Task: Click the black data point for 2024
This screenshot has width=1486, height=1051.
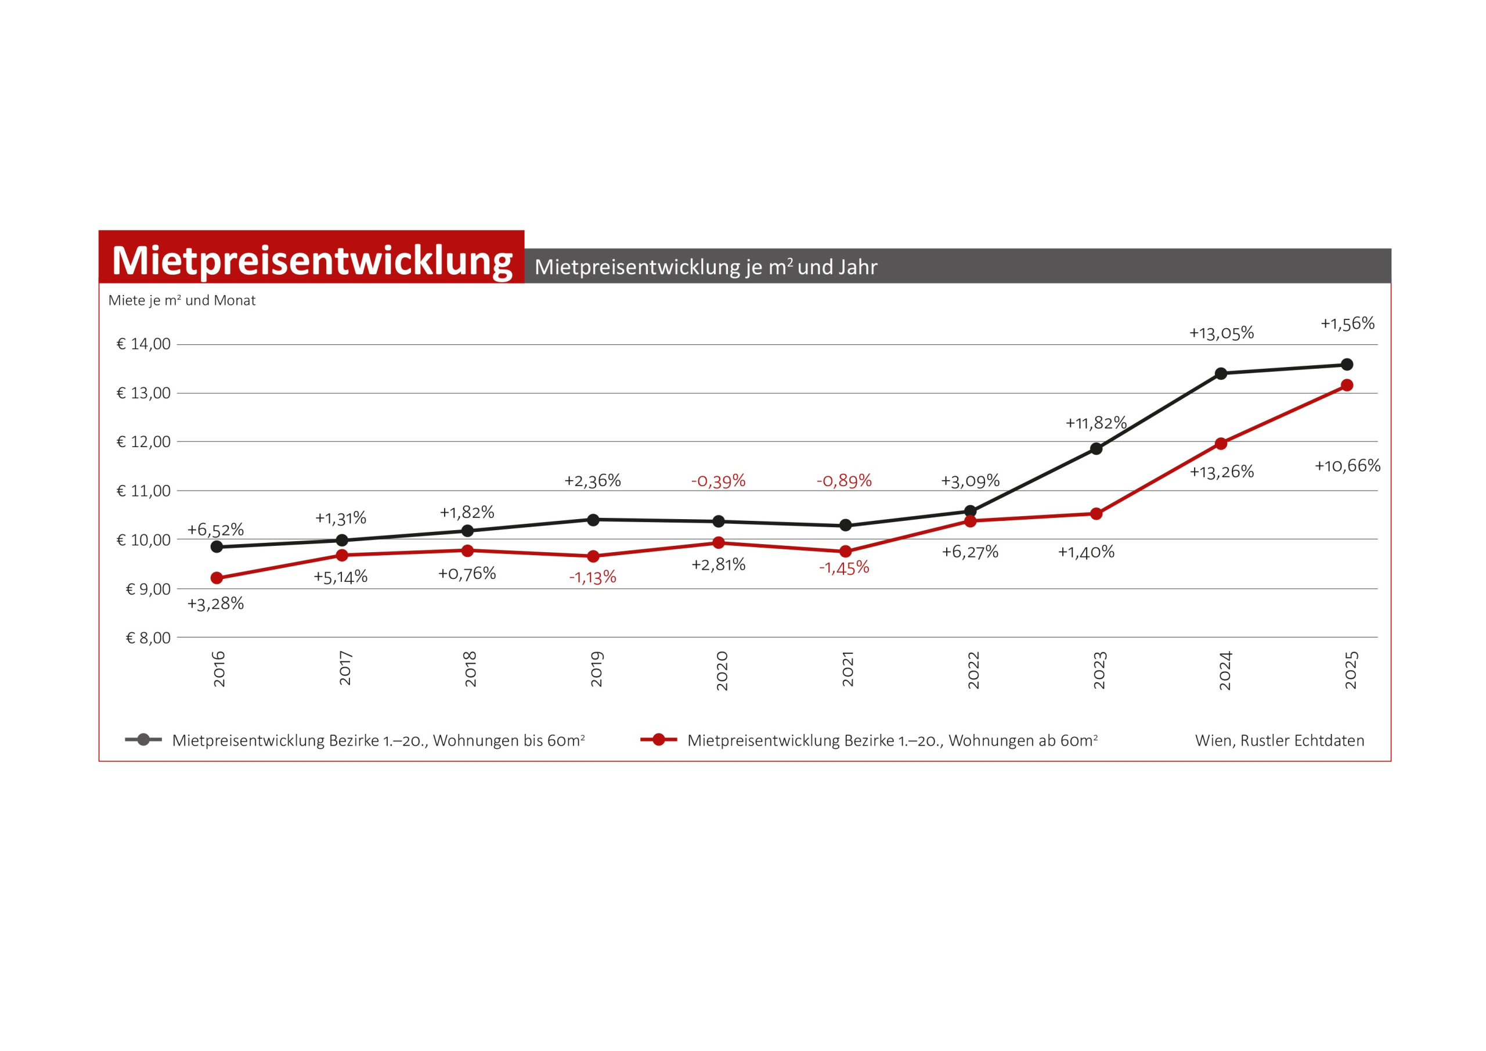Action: coord(1221,373)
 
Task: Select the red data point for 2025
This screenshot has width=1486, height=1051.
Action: coord(1347,386)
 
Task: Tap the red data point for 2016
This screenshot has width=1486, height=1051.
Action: coord(217,578)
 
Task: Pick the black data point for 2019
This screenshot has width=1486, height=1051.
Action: coord(593,520)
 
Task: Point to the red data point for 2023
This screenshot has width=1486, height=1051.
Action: coord(1097,514)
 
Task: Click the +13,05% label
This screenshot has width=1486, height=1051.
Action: coord(1221,333)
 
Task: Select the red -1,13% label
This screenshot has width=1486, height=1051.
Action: coord(592,578)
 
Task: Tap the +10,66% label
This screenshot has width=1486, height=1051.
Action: coord(1347,466)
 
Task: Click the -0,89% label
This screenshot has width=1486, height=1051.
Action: coord(844,480)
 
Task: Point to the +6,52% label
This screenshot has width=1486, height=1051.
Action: coord(215,530)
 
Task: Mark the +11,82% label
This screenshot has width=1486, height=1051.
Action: coord(1096,423)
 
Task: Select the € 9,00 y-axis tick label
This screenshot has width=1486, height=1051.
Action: coord(147,589)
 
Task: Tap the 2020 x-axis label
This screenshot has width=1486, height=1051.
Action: coord(722,671)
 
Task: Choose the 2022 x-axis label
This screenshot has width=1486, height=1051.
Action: coord(973,670)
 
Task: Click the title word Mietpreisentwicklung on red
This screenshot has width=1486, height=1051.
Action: coord(312,260)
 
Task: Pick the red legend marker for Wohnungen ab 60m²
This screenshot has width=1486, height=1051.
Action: coord(658,740)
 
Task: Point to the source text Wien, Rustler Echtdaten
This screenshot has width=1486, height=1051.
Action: coord(1279,740)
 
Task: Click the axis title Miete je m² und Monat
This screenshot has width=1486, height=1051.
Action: coord(182,300)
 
